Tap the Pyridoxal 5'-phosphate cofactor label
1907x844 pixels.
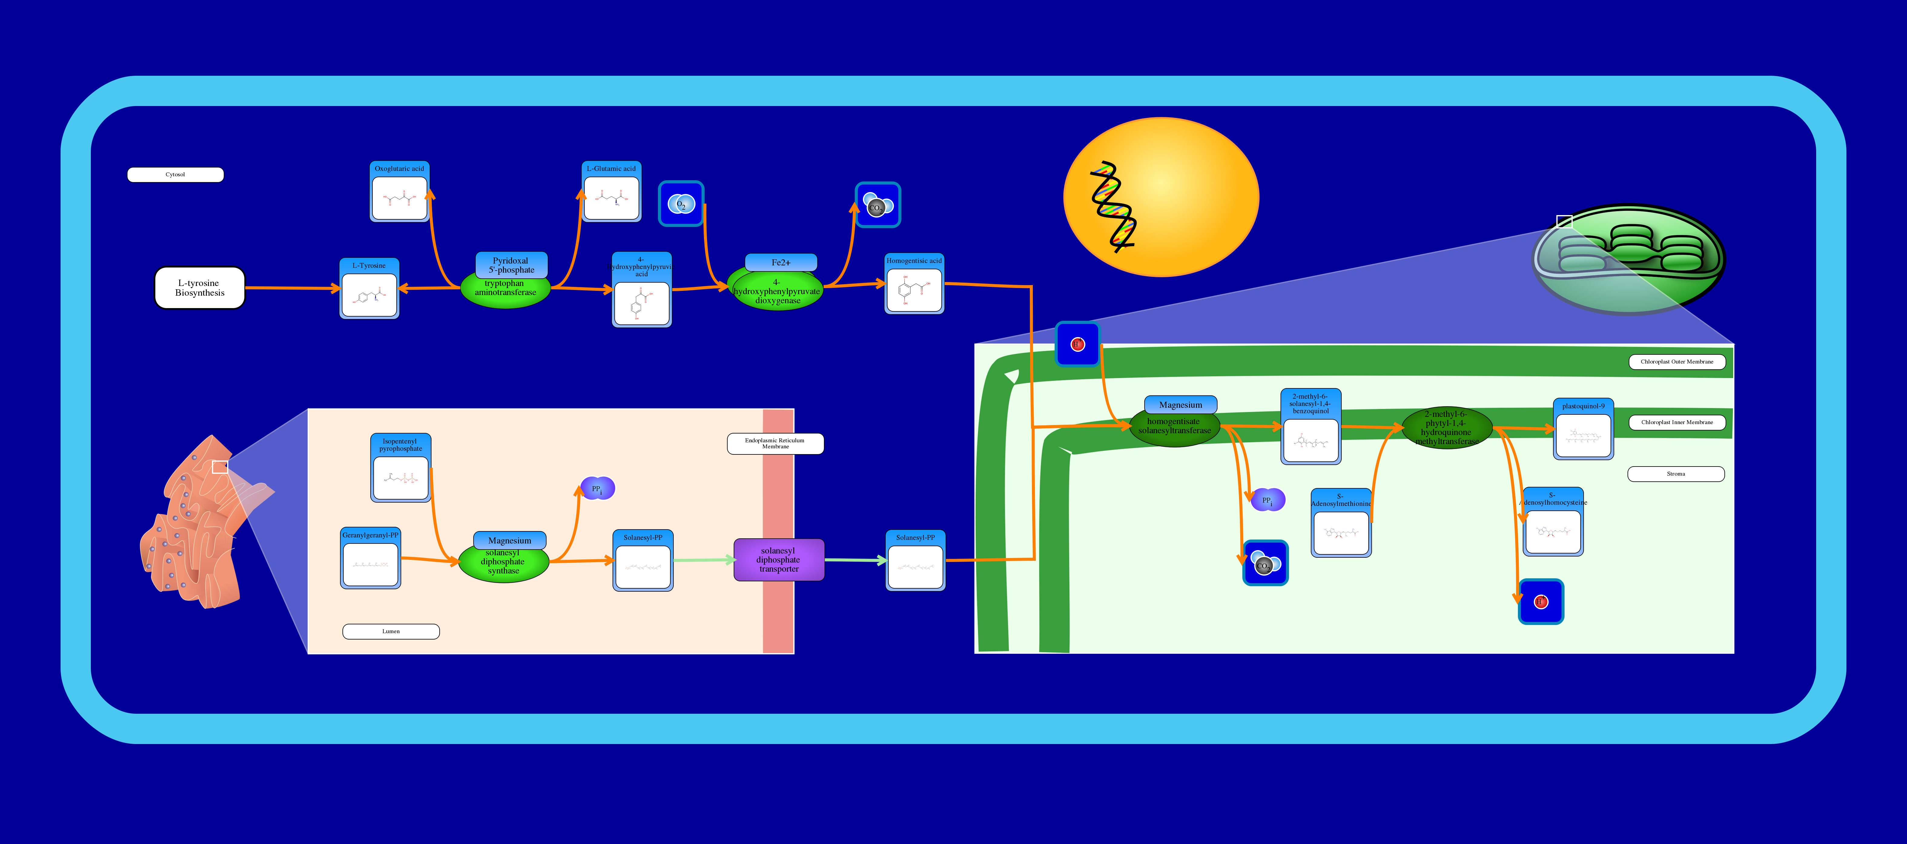[511, 264]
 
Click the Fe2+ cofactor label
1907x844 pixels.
[781, 262]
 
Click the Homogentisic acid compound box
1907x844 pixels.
[914, 284]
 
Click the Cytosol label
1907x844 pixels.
[175, 175]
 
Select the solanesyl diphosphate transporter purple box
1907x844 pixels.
[779, 560]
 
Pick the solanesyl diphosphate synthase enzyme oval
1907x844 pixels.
[504, 563]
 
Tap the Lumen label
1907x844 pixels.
[391, 632]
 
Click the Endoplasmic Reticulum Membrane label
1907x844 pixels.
[775, 444]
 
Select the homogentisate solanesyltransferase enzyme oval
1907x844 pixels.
[1174, 427]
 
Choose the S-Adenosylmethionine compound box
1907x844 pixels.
[1341, 523]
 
